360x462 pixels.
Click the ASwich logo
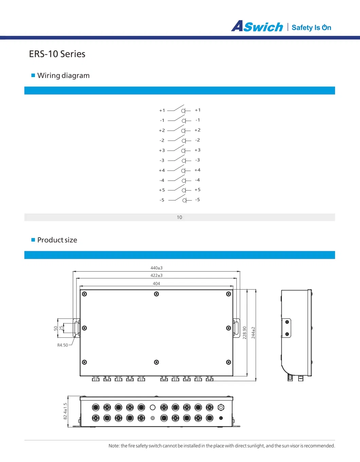pos(257,26)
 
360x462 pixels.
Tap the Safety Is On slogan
pos(311,27)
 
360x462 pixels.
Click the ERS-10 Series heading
pos(57,54)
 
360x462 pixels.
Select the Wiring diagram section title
pos(63,75)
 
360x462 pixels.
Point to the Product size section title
pos(57,240)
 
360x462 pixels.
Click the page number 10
pos(179,217)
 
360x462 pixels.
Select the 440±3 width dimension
pos(156,268)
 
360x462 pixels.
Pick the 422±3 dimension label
pos(156,275)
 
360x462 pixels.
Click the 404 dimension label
pos(156,283)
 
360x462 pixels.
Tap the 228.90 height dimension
pos(245,333)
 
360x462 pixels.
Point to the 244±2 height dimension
pos(253,333)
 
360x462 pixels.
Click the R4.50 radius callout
pos(62,345)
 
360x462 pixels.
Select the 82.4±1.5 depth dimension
pos(66,411)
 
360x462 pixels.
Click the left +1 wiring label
pos(162,110)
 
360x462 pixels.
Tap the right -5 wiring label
pos(197,200)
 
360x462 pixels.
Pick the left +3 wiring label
pos(162,150)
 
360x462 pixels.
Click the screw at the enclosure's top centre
pos(157,294)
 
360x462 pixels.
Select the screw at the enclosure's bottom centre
pos(157,362)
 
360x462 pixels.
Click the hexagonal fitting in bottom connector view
pos(221,407)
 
